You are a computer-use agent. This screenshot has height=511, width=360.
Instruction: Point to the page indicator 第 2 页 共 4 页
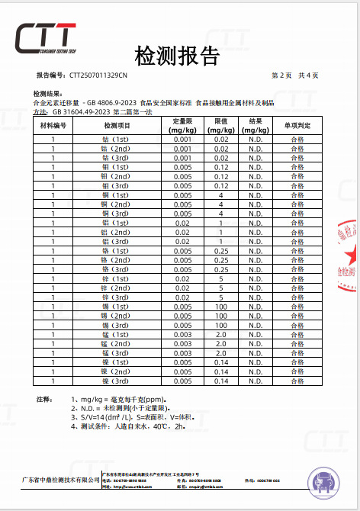click(x=295, y=76)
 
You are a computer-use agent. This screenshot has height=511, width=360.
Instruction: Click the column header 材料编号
click(x=53, y=125)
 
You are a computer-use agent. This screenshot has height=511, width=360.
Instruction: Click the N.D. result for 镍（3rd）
click(x=256, y=380)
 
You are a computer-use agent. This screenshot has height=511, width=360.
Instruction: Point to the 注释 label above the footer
click(x=44, y=399)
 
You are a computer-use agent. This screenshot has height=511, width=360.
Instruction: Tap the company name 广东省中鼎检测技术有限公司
click(x=60, y=480)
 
